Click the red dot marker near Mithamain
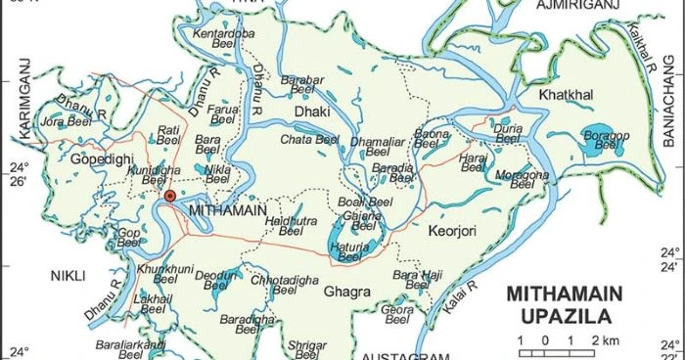[x=170, y=197]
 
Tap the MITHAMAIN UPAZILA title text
[x=559, y=303]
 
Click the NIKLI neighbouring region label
[x=69, y=275]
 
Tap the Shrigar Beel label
[x=309, y=348]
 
